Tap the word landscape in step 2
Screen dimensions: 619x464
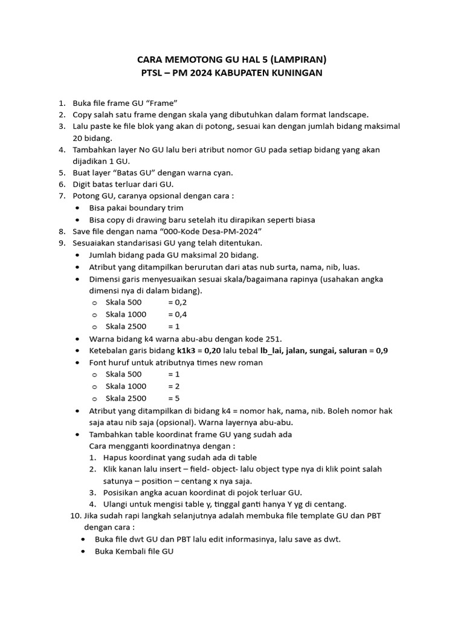click(348, 114)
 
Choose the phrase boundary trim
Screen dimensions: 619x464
click(152, 208)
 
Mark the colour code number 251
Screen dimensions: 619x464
click(272, 339)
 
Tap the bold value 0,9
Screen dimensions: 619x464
click(382, 351)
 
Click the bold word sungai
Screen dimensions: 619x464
click(323, 351)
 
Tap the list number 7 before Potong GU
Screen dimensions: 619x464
click(61, 196)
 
